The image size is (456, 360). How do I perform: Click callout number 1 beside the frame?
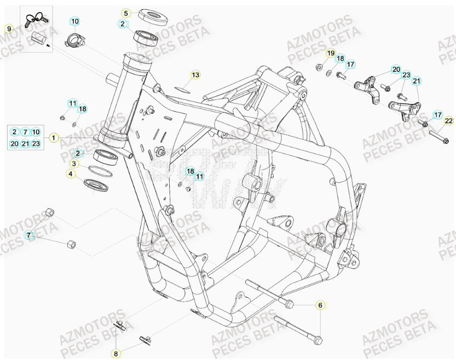[x=54, y=138]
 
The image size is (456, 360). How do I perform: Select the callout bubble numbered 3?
[x=73, y=164]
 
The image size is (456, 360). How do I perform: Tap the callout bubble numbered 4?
[x=70, y=175]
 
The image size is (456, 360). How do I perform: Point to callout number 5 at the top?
[x=126, y=13]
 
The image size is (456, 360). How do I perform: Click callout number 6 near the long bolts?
[x=320, y=305]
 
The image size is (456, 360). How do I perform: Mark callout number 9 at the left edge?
[x=8, y=28]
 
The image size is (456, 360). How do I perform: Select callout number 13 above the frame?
[x=195, y=74]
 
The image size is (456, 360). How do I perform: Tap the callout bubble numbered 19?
[x=331, y=53]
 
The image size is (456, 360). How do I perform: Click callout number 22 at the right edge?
[x=448, y=121]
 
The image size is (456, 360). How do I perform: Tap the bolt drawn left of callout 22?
[x=435, y=133]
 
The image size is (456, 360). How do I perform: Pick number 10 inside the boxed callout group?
[x=36, y=132]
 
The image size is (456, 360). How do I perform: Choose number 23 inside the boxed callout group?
[x=36, y=144]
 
